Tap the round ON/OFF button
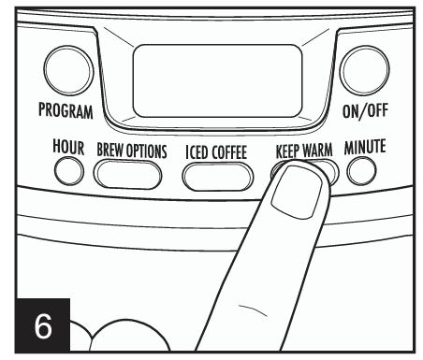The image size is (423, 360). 364,72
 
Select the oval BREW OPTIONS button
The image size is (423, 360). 132,174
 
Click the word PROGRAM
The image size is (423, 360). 65,112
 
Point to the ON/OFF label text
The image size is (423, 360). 365,112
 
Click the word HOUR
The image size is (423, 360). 71,148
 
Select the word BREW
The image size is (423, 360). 110,150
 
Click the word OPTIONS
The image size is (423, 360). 147,150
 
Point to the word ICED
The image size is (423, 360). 198,151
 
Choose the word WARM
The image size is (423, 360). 322,150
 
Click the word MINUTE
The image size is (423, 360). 364,148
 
